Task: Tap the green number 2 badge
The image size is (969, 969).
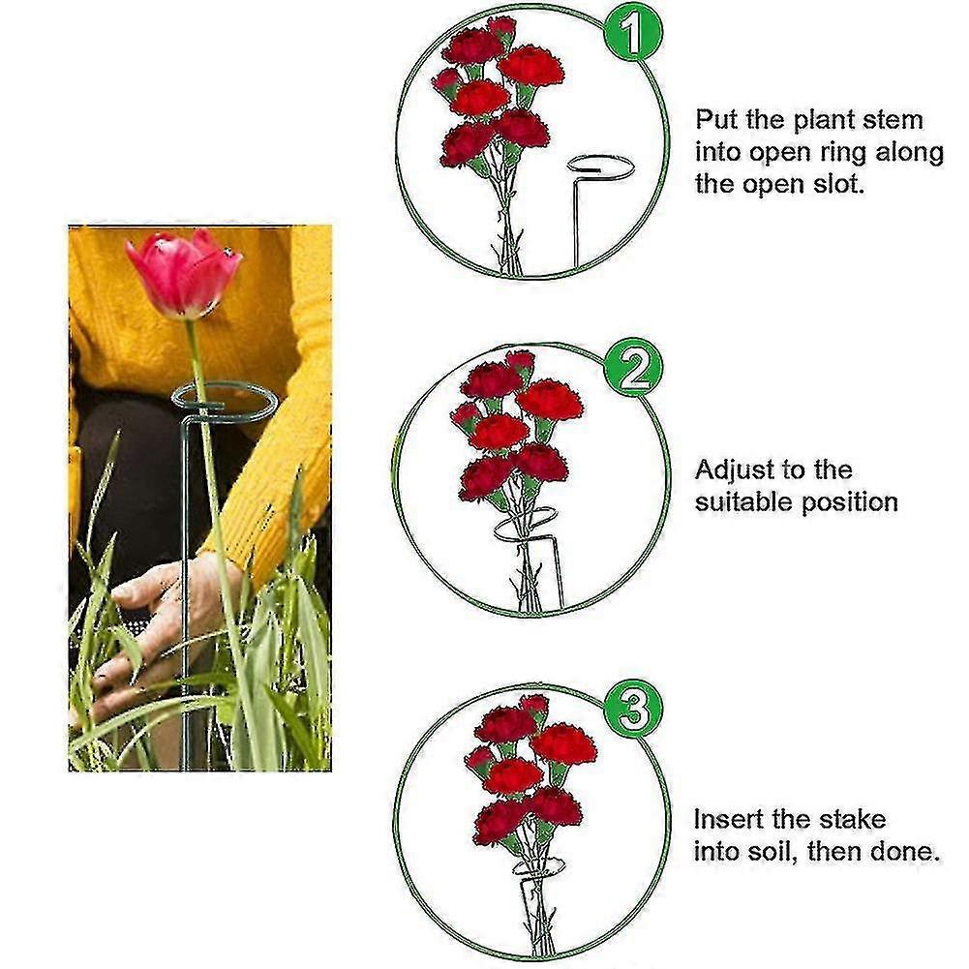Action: tap(633, 370)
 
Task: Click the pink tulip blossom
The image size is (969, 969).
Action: tap(184, 273)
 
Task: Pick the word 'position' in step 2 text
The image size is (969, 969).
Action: tap(849, 503)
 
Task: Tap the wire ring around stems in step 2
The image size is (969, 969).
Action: tap(526, 525)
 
